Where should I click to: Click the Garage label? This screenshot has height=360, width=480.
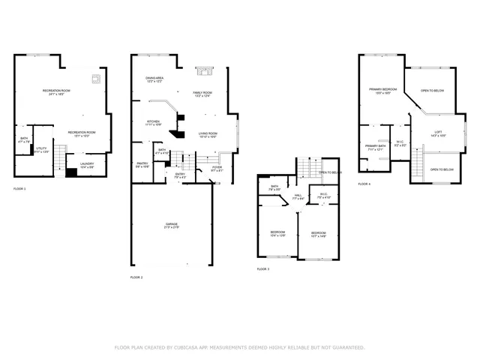click(172, 225)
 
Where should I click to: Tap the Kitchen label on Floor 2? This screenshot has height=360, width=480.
click(153, 122)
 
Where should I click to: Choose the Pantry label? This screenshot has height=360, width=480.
click(142, 166)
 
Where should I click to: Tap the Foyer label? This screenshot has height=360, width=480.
click(217, 169)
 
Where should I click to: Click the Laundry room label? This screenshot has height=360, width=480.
click(87, 165)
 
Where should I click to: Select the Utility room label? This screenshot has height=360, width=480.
click(41, 150)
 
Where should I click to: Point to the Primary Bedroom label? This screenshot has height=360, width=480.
click(382, 91)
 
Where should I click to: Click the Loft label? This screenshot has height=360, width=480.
click(438, 135)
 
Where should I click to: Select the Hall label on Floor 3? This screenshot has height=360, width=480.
click(298, 197)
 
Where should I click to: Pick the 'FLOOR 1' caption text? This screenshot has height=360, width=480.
click(19, 188)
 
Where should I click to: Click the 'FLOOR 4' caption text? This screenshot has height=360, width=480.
click(364, 184)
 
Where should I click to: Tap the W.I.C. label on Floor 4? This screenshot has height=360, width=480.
click(400, 143)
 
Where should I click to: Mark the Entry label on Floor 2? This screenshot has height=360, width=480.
click(180, 175)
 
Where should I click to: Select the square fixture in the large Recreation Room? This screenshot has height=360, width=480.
click(95, 78)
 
